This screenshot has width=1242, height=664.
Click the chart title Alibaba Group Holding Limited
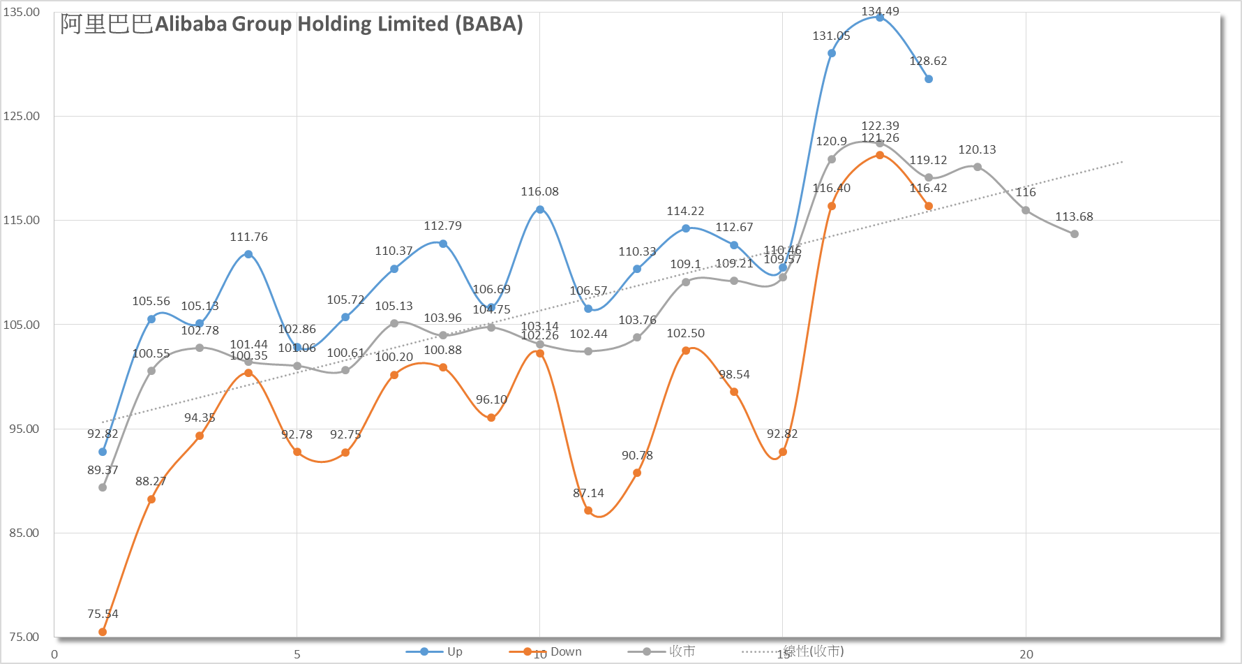pyautogui.click(x=292, y=24)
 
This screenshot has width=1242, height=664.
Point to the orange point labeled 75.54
pyautogui.click(x=103, y=632)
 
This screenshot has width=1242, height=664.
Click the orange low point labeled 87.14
pyautogui.click(x=588, y=511)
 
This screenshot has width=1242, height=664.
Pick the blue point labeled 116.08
pyautogui.click(x=540, y=209)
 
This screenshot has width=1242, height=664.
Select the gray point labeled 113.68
pyautogui.click(x=1075, y=234)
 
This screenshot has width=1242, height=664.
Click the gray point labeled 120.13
pyautogui.click(x=978, y=167)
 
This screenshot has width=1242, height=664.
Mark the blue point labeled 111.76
pyautogui.click(x=248, y=254)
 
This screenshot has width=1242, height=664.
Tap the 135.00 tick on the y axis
pyautogui.click(x=22, y=12)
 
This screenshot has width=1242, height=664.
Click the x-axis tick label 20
pyautogui.click(x=1026, y=654)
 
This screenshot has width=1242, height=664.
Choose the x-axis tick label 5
pyautogui.click(x=297, y=654)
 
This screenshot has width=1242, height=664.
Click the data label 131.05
pyautogui.click(x=831, y=36)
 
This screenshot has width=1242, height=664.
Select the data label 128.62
pyautogui.click(x=928, y=61)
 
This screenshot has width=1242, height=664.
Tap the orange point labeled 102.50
pyautogui.click(x=686, y=351)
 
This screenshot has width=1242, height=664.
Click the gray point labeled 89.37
pyautogui.click(x=103, y=487)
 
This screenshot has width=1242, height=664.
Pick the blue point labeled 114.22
pyautogui.click(x=686, y=228)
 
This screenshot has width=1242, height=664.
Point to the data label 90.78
pyautogui.click(x=637, y=456)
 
